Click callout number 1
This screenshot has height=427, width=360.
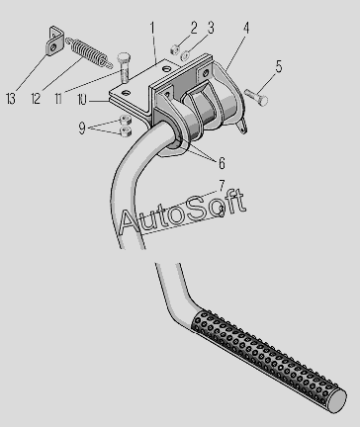click(x=152, y=29)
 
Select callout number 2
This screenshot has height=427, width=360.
click(x=194, y=28)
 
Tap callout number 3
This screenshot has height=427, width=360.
click(x=211, y=28)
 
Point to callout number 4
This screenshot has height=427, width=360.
click(x=246, y=28)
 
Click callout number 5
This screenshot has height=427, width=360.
click(x=279, y=67)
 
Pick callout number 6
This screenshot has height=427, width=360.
click(x=222, y=163)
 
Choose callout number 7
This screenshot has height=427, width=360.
click(x=222, y=186)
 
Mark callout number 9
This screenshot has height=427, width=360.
click(x=82, y=128)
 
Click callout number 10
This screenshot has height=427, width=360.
click(x=82, y=100)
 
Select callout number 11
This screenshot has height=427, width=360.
click(x=58, y=99)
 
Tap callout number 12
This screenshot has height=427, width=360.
click(x=36, y=99)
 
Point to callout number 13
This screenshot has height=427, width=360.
click(x=11, y=99)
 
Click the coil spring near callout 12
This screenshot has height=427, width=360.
click(x=89, y=52)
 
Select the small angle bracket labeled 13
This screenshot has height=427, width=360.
click(x=54, y=42)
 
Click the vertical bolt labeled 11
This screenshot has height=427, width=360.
click(x=124, y=67)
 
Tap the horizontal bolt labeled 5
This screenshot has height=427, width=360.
click(x=256, y=97)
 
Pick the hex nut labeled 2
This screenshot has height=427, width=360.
click(x=175, y=49)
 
